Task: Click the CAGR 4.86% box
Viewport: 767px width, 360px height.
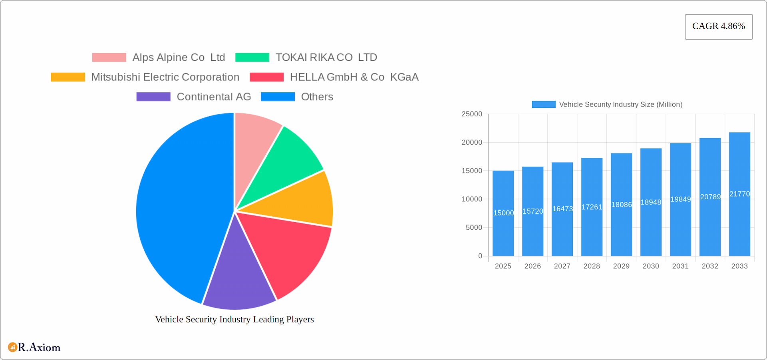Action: point(718,27)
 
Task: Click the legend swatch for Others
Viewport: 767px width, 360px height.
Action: point(278,97)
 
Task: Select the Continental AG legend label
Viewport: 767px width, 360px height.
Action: point(214,97)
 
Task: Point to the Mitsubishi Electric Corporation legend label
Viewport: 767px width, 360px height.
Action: point(165,77)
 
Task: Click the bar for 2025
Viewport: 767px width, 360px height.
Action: point(503,224)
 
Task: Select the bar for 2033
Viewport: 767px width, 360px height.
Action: point(739,224)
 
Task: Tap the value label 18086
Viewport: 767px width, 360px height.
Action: point(622,205)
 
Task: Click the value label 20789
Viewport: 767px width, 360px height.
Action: point(710,197)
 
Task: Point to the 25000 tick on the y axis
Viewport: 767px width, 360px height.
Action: point(472,114)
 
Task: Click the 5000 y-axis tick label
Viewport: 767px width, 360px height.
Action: point(474,228)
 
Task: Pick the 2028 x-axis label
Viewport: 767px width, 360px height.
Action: point(592,266)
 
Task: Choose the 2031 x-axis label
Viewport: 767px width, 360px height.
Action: point(680,266)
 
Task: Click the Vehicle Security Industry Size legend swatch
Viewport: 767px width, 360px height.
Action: point(543,104)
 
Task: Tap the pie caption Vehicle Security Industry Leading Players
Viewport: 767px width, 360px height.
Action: point(234,319)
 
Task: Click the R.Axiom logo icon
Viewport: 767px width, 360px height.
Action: point(12,347)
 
